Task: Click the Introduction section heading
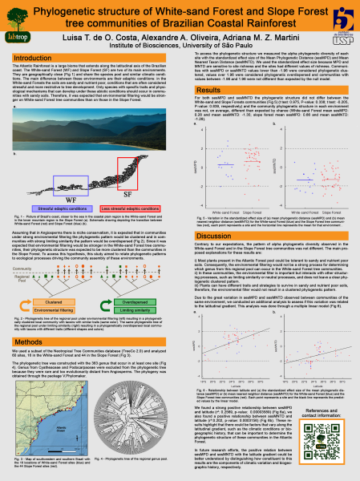[39, 59]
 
